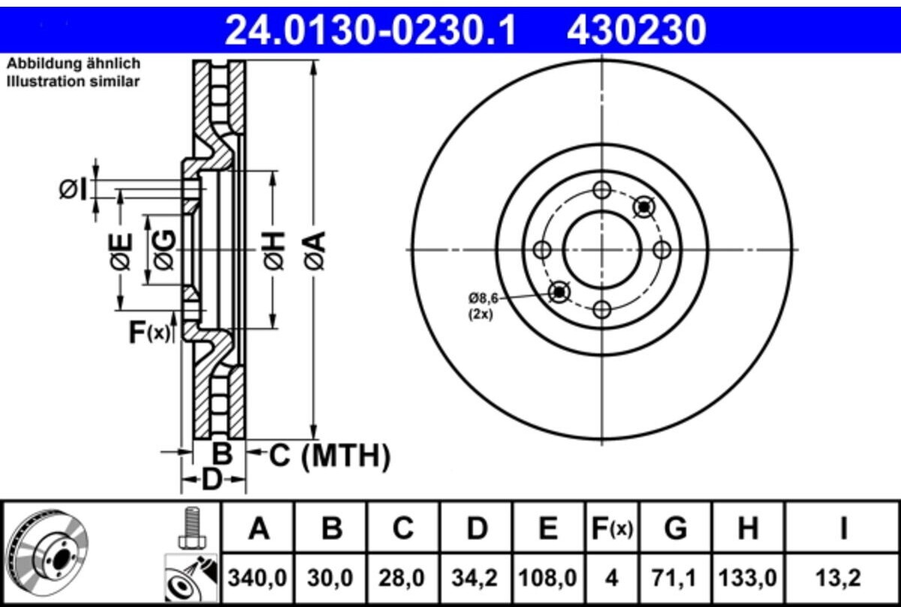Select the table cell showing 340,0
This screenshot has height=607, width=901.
click(258, 578)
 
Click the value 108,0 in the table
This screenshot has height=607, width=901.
click(548, 578)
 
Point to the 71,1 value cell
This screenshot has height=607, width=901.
click(676, 578)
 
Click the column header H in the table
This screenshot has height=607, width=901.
click(748, 528)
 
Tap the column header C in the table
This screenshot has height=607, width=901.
click(403, 528)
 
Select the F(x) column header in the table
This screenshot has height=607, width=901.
click(612, 528)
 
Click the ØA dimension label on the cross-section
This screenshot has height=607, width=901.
click(315, 250)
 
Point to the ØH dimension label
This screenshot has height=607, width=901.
click(274, 250)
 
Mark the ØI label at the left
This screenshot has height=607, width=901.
click(73, 190)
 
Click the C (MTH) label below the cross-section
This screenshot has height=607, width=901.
click(330, 456)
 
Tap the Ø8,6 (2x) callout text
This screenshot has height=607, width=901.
click(482, 306)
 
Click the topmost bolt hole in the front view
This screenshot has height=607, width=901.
click(602, 190)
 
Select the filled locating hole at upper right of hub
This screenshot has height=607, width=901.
click(644, 207)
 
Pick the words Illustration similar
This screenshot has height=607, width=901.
click(74, 82)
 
